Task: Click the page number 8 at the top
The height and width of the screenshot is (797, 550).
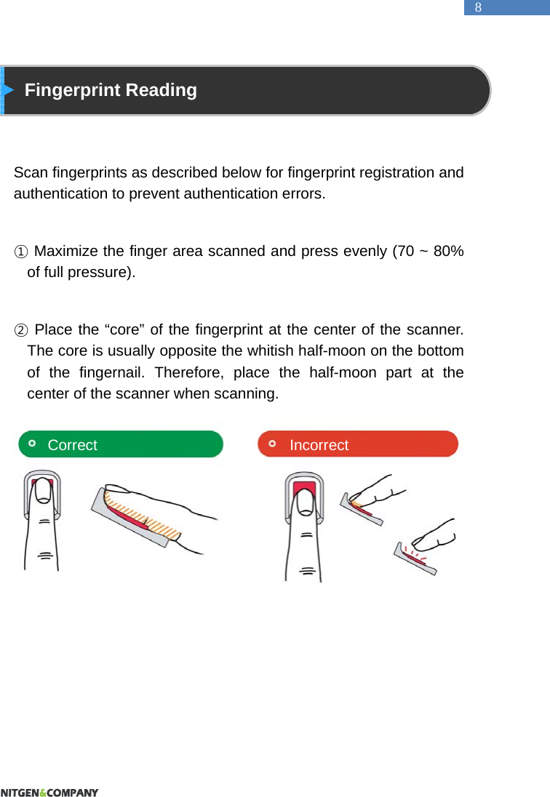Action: coord(478,7)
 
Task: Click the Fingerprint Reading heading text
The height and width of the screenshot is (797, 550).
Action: coord(111,90)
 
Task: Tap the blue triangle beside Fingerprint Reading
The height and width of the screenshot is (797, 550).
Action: coord(8,90)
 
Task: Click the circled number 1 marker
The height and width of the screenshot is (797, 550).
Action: coord(21,252)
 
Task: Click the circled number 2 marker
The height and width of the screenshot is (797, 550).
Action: coord(21,331)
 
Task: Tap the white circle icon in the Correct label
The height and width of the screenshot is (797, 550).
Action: coord(32,443)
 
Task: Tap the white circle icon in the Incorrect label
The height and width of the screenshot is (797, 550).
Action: coord(272,443)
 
